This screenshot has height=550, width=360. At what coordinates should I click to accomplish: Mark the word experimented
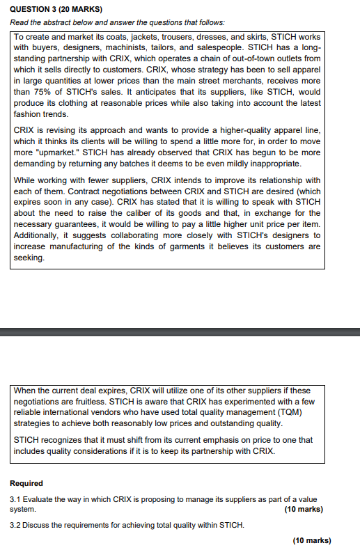256,402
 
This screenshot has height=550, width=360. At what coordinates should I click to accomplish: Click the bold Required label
26,483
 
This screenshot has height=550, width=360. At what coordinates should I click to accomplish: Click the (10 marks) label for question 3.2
312,540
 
